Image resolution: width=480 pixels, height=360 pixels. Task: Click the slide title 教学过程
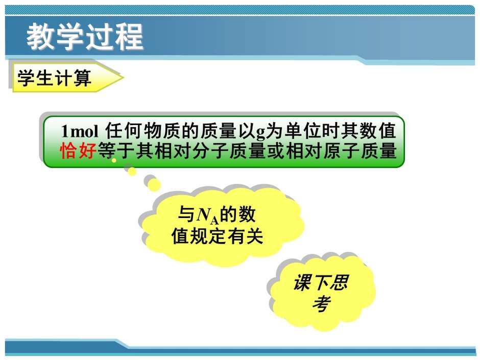[85, 36]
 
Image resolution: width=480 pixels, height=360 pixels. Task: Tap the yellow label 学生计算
[55, 78]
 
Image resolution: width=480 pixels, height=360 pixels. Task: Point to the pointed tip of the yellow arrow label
[124, 77]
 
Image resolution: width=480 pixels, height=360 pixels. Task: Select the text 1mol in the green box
[80, 131]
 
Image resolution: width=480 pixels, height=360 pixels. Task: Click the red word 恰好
[78, 151]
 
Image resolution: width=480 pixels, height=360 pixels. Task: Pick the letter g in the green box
[260, 133]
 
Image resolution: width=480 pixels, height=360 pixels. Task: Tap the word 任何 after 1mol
[124, 131]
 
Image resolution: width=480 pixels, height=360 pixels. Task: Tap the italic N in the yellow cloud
[203, 215]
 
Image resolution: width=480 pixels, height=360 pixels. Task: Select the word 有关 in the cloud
[245, 236]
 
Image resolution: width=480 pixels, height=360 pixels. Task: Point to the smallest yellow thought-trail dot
[114, 160]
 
